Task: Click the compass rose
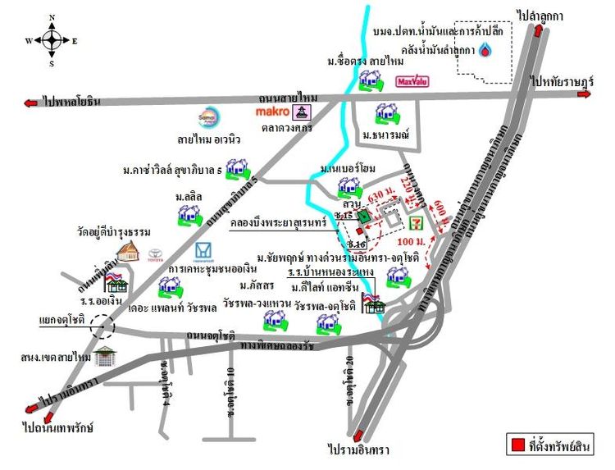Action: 51,39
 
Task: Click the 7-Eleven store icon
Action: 421,221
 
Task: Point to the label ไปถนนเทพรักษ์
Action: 57,427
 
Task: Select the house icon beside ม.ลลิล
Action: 189,216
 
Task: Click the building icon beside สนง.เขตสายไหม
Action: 105,357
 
